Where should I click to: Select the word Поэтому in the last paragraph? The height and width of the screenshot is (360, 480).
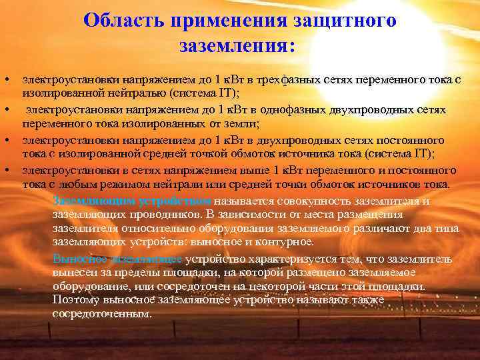pyautogui.click(x=73, y=300)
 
